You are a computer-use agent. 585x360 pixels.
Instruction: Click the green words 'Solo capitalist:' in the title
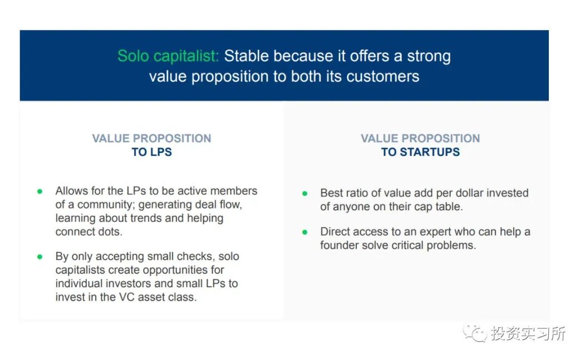click(x=168, y=56)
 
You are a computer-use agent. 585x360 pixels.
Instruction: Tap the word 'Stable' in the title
click(x=246, y=56)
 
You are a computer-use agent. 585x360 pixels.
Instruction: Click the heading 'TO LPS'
click(x=151, y=152)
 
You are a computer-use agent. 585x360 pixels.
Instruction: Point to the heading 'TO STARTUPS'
click(x=420, y=152)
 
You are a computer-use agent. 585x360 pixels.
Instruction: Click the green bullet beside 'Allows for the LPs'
click(x=40, y=191)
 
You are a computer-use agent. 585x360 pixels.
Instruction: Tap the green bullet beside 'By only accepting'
click(x=40, y=257)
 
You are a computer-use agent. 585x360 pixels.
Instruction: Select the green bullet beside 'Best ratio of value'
click(x=305, y=193)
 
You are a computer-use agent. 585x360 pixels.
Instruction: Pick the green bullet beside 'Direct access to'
click(x=305, y=232)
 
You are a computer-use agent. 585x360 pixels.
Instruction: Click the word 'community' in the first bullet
click(x=105, y=205)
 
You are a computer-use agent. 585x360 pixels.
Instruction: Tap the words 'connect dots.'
click(x=89, y=231)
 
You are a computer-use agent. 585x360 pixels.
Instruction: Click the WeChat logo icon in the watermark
click(x=475, y=333)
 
